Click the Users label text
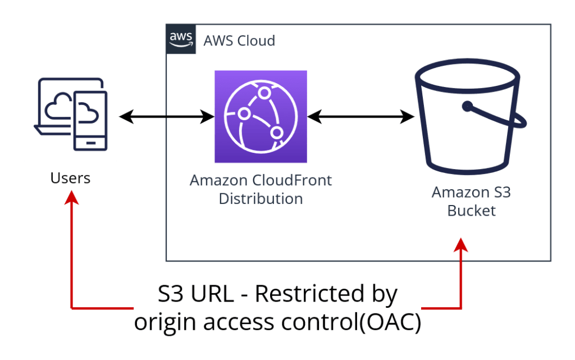[x=70, y=179]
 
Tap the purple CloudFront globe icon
[x=261, y=116]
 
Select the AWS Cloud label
[x=239, y=41]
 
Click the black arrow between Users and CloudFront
[x=166, y=117]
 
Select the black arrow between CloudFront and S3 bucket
[x=360, y=117]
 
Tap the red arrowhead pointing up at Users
[x=71, y=198]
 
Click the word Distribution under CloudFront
[x=261, y=199]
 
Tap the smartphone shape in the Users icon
[x=89, y=118]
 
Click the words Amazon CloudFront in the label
[x=261, y=181]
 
